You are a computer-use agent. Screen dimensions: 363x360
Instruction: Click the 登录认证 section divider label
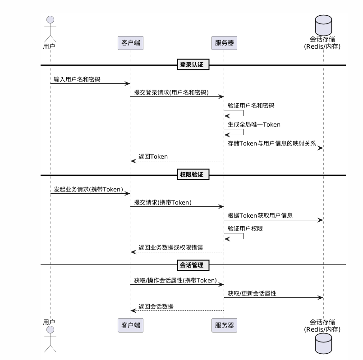[193, 64]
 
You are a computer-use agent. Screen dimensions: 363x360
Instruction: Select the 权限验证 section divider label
[193, 174]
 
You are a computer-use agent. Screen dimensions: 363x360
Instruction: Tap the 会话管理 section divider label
[193, 265]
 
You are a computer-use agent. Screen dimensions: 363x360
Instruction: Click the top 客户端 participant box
[131, 43]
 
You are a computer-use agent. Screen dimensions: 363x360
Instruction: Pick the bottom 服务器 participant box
[224, 325]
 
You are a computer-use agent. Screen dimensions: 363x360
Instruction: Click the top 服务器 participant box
[224, 43]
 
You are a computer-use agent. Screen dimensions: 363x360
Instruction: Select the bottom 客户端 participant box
[131, 325]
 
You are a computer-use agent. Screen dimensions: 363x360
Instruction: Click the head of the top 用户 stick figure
[50, 20]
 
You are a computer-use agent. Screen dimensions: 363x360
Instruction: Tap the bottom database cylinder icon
[323, 344]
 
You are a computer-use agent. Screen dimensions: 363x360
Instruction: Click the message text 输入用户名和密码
[77, 79]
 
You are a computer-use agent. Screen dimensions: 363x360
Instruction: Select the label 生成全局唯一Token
[254, 124]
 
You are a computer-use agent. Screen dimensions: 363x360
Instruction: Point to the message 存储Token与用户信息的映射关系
[272, 143]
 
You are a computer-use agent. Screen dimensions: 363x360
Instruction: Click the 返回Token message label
[153, 156]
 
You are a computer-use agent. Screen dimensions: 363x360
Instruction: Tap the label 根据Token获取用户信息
[260, 215]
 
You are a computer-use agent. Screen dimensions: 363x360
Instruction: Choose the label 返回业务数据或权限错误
[170, 247]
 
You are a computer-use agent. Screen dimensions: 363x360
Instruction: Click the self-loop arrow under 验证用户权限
[243, 236]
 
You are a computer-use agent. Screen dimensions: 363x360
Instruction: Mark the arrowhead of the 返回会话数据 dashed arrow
[133, 310]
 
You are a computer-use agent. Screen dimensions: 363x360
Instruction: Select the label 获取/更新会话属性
[252, 293]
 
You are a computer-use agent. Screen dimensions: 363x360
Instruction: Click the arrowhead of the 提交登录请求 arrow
[221, 97]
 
